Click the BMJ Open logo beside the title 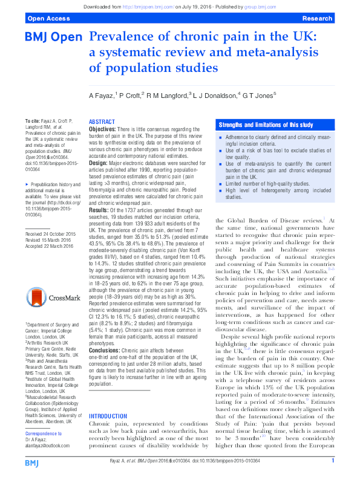pyautogui.click(x=53, y=37)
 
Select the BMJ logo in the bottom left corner pyautogui.click(x=32, y=462)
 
